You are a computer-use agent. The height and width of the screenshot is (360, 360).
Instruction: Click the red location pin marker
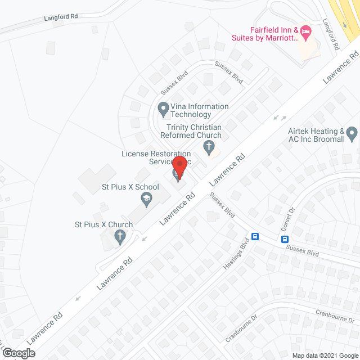point(179,165)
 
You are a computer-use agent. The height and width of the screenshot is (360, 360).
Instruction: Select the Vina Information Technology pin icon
point(163,107)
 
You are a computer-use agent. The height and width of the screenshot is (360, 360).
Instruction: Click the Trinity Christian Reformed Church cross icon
point(209,148)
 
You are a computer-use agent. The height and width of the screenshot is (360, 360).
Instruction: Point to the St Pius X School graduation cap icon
point(147,197)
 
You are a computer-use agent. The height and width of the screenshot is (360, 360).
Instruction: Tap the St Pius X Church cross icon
point(119,238)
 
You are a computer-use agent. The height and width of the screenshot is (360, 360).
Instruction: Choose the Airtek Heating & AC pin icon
point(352,135)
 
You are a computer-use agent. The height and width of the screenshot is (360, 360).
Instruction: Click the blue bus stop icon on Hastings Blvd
point(255,237)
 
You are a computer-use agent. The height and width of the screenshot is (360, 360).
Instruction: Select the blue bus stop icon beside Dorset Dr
point(286,239)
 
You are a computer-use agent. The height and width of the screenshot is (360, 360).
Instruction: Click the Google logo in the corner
point(18,353)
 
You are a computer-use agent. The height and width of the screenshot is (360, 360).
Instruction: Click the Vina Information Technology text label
point(200,110)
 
